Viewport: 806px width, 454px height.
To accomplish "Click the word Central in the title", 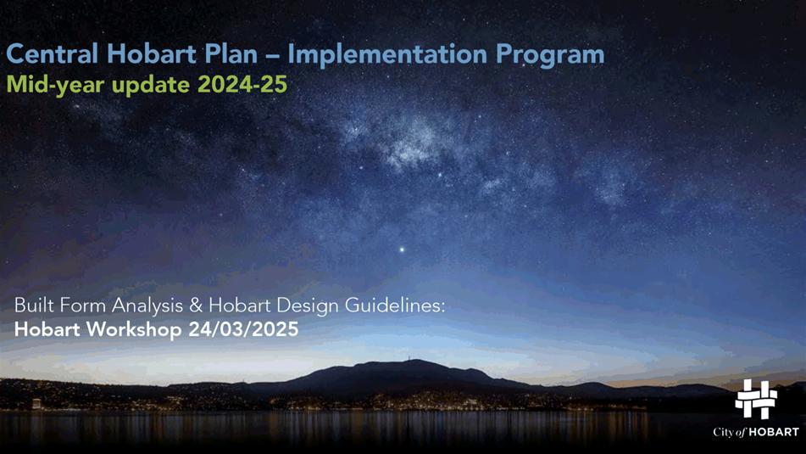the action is click(52, 54).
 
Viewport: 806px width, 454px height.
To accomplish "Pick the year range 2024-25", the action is click(242, 84).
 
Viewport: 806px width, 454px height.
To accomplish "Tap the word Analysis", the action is click(147, 306).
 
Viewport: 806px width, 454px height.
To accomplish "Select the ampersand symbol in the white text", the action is click(196, 305).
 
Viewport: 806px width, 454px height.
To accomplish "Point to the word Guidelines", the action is click(394, 305).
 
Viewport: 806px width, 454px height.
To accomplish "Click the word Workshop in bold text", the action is click(134, 330).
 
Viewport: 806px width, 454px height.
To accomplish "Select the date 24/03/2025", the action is click(243, 329).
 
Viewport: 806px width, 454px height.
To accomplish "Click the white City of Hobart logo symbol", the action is click(756, 399).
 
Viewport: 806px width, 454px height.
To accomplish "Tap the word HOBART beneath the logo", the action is click(774, 433).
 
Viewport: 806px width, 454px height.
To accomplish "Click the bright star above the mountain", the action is click(402, 250).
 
